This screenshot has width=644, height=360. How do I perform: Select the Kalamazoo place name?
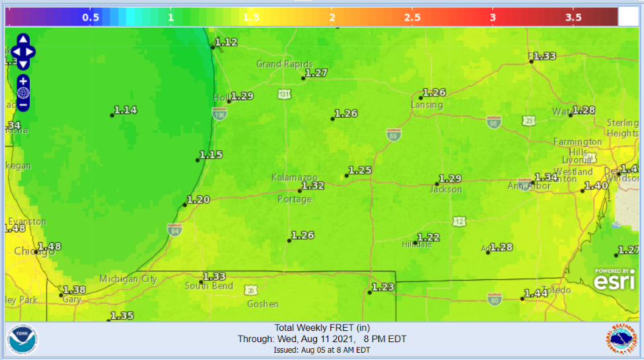pyautogui.click(x=295, y=178)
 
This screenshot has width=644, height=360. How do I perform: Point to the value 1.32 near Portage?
pyautogui.click(x=313, y=186)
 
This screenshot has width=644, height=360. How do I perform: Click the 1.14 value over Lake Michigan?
pyautogui.click(x=125, y=110)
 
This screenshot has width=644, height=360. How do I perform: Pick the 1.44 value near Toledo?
pyautogui.click(x=536, y=293)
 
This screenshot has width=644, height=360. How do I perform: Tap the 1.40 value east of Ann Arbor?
pyautogui.click(x=596, y=186)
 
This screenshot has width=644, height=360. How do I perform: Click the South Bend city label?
pyautogui.click(x=208, y=286)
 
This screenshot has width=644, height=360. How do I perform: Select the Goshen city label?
pyautogui.click(x=262, y=305)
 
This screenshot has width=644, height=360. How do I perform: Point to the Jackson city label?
pyautogui.click(x=445, y=190)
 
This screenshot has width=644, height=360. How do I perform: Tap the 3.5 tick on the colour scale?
pyautogui.click(x=573, y=18)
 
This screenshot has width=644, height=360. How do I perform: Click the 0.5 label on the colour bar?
pyautogui.click(x=90, y=18)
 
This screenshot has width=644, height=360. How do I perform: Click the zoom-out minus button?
pyautogui.click(x=23, y=105)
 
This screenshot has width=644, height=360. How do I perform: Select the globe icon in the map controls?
pyautogui.click(x=23, y=92)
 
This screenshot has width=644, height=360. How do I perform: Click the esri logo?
pyautogui.click(x=614, y=279)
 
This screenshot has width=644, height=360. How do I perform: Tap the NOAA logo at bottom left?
pyautogui.click(x=22, y=340)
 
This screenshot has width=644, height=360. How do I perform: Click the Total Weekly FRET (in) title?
pyautogui.click(x=322, y=328)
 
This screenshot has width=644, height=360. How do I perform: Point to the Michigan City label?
pyautogui.click(x=128, y=279)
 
